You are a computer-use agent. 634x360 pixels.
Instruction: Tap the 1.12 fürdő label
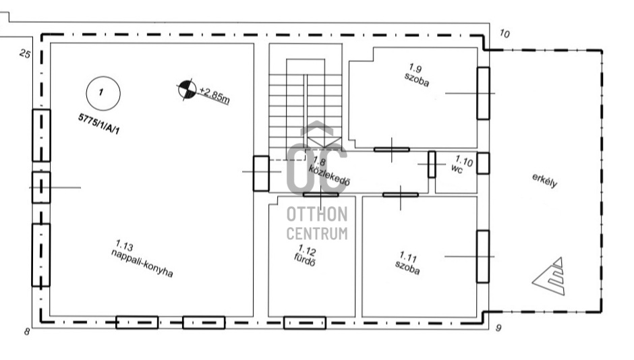coord(306,256)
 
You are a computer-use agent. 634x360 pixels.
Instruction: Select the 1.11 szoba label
coord(407,263)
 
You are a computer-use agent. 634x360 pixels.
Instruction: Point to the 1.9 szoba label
coord(416,75)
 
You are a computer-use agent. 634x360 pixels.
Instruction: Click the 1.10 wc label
coord(462,164)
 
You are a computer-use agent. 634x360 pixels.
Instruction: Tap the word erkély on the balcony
coord(545,180)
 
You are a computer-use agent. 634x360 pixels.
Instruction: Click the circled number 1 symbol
coord(103,93)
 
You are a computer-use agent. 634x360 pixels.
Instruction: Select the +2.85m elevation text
coord(214,95)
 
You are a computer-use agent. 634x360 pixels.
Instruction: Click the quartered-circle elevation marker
coord(188,90)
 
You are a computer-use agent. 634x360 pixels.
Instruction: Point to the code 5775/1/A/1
coord(99,124)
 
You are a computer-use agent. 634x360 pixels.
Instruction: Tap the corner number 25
coord(25,54)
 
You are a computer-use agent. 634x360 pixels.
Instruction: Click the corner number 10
coord(505,34)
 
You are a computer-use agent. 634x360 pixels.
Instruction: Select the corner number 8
coord(27,332)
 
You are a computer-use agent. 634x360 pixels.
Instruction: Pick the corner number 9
coord(498,328)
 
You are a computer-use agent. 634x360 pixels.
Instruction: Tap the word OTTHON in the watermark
coord(317,214)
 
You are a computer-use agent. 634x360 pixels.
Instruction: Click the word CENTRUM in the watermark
coord(317,233)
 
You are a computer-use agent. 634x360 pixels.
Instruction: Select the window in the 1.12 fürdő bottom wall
coord(304,323)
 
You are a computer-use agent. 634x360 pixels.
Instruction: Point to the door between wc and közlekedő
coord(432,164)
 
